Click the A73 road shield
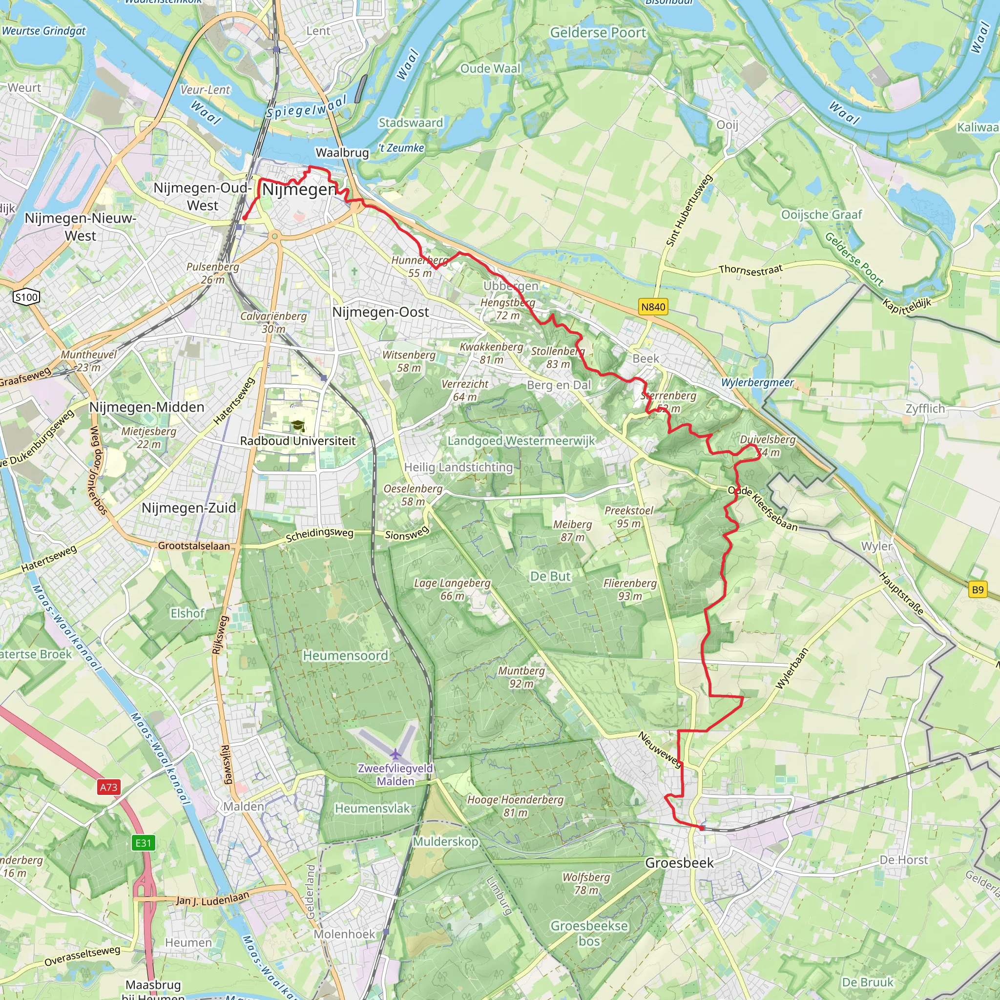(x=108, y=787)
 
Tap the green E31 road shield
(x=144, y=843)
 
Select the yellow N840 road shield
(x=653, y=307)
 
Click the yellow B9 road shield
(x=977, y=589)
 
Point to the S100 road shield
(x=26, y=297)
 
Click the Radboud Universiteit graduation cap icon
(x=298, y=426)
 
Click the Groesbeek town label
(x=679, y=863)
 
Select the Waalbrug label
(x=342, y=153)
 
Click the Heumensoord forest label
(x=345, y=656)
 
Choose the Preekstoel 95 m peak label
(x=629, y=517)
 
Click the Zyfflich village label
(x=925, y=409)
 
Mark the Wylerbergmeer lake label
(x=757, y=382)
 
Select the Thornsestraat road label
(x=750, y=269)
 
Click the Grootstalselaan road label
(x=194, y=546)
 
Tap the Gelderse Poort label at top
(x=598, y=33)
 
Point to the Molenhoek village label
(x=344, y=934)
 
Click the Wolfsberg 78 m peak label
(x=586, y=883)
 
